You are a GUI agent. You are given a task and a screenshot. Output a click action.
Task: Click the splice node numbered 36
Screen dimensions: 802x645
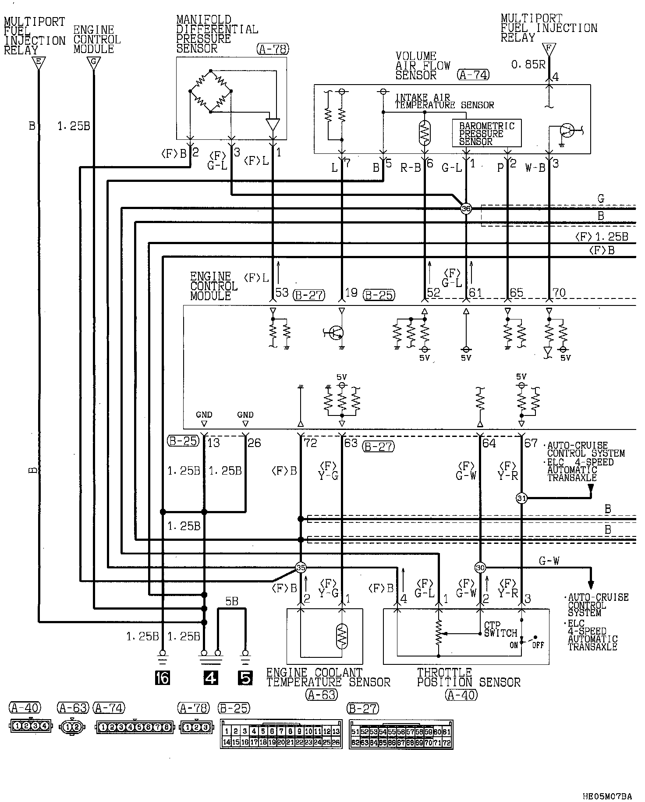point(466,209)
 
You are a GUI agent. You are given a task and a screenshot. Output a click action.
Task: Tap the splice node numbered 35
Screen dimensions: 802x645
point(301,568)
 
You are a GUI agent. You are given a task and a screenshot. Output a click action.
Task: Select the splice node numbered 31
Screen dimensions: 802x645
point(521,498)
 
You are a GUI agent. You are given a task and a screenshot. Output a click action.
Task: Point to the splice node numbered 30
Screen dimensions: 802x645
point(480,568)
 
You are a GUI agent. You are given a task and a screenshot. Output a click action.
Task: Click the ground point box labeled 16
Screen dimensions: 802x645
point(162,678)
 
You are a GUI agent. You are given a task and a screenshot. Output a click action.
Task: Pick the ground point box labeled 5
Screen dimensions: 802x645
point(245,678)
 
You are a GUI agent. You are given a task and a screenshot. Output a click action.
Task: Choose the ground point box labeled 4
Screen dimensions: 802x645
point(211,678)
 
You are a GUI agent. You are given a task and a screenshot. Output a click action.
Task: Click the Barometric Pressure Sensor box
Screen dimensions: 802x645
point(486,133)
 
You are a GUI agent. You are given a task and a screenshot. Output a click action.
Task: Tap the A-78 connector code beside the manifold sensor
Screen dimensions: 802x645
point(273,49)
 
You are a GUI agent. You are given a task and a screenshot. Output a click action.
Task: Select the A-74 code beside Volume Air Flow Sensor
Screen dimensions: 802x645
point(473,75)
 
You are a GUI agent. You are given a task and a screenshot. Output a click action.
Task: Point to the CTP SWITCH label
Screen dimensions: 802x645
point(500,629)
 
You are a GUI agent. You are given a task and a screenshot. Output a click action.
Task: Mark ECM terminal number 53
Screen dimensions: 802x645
point(282,292)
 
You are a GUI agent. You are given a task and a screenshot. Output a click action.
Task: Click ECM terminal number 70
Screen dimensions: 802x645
point(559,292)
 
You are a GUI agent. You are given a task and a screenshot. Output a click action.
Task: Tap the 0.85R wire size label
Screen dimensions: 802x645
point(528,65)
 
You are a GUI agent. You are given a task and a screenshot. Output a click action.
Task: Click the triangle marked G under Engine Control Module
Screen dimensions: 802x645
point(93,63)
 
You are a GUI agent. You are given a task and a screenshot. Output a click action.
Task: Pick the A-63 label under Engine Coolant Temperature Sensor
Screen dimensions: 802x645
point(322,695)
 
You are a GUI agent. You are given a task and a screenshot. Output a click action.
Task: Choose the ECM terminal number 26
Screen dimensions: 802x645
point(254,443)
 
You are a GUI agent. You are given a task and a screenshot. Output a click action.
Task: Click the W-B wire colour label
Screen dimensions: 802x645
point(535,168)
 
